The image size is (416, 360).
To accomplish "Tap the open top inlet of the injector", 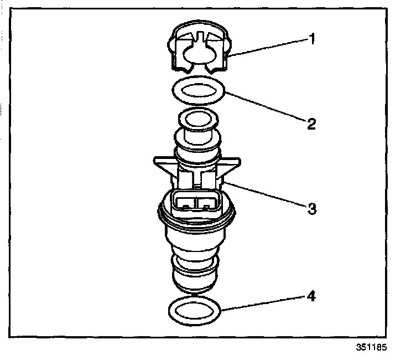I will coord(196,119).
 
